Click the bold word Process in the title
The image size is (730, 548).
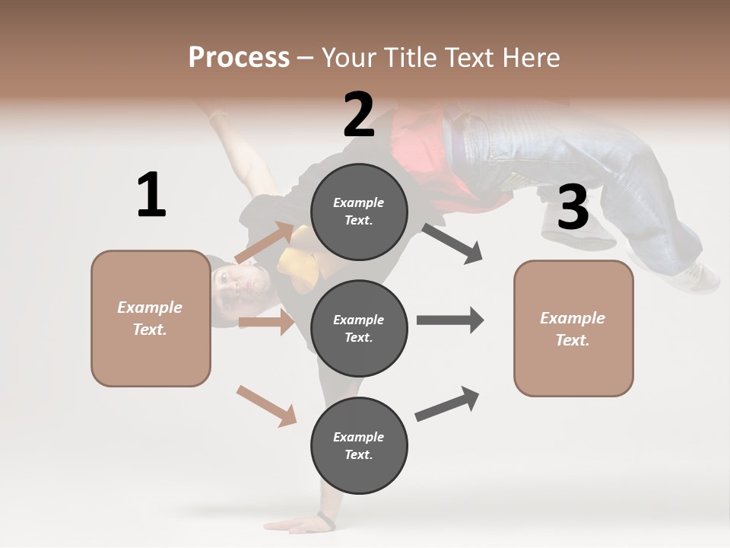(239, 58)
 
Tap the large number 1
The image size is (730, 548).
(151, 195)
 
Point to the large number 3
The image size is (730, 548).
(573, 208)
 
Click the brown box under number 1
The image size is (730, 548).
(151, 318)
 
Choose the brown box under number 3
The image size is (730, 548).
(573, 328)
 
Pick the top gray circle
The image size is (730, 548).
(359, 212)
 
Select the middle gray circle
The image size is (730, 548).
(359, 328)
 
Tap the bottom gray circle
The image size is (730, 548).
(359, 445)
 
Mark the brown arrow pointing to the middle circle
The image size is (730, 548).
(266, 322)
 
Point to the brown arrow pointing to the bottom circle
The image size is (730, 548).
(266, 406)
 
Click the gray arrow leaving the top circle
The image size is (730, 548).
(452, 244)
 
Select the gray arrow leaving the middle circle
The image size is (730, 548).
(450, 320)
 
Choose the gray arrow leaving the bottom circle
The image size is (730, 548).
(448, 404)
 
